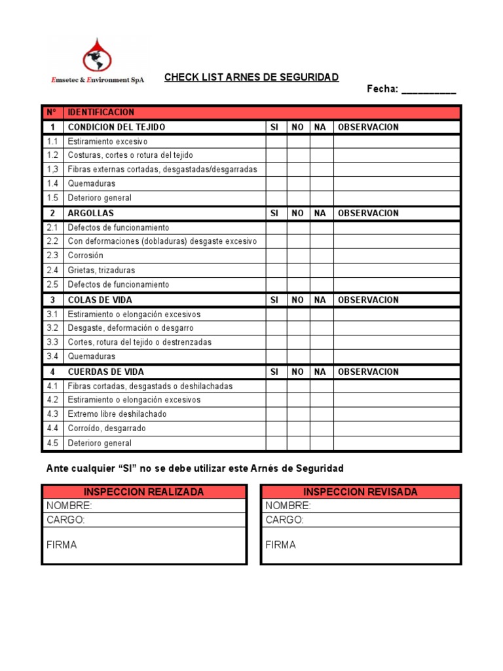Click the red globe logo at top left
tap(97, 54)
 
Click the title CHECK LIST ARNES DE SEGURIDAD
tap(251, 77)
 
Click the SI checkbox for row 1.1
tap(276, 142)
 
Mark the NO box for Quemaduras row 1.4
tap(298, 184)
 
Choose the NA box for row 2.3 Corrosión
tap(321, 256)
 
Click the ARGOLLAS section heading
tap(90, 214)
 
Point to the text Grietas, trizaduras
tap(102, 270)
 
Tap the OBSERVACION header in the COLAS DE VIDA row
tap(368, 300)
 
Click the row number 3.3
tap(52, 342)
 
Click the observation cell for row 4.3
tap(397, 414)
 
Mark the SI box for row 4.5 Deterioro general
tap(276, 443)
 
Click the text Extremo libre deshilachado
tap(117, 414)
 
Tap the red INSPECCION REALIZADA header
tap(144, 492)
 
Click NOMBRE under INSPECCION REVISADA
tap(288, 506)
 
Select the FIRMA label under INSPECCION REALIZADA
tap(62, 545)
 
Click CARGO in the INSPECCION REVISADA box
tap(285, 520)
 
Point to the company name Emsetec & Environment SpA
tap(97, 80)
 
